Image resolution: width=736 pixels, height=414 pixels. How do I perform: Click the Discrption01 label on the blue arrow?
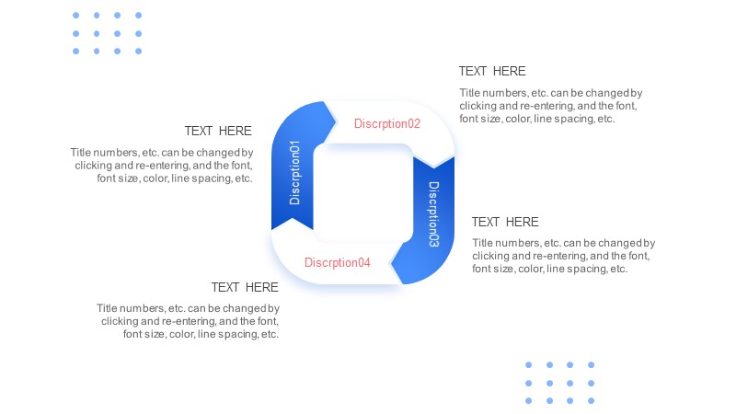pyautogui.click(x=294, y=173)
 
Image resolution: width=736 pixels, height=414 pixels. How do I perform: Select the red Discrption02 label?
pyautogui.click(x=387, y=123)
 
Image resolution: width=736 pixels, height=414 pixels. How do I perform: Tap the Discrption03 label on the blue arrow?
pyautogui.click(x=433, y=214)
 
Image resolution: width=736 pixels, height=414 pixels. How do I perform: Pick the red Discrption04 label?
pyautogui.click(x=338, y=262)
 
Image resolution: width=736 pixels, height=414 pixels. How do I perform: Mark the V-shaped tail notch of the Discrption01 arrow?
pyautogui.click(x=292, y=219)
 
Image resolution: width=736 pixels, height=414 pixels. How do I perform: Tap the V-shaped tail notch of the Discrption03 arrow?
pyautogui.click(x=433, y=167)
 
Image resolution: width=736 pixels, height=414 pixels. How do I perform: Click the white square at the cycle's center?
pyautogui.click(x=362, y=193)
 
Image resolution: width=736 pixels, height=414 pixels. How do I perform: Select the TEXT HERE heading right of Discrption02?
pyautogui.click(x=492, y=72)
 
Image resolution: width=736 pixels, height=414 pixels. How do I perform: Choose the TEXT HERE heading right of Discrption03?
pyautogui.click(x=505, y=222)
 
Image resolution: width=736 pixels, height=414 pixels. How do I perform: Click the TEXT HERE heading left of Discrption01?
pyautogui.click(x=218, y=131)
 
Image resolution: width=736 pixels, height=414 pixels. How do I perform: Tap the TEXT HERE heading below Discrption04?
pyautogui.click(x=245, y=287)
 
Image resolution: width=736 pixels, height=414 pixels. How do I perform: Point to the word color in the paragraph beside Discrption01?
pyautogui.click(x=154, y=178)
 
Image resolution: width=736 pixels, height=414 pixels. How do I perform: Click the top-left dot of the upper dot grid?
pyautogui.click(x=76, y=16)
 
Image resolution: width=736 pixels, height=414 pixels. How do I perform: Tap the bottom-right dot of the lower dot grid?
pyautogui.click(x=592, y=401)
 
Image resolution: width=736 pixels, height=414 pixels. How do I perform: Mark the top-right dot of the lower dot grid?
pyautogui.click(x=592, y=364)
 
